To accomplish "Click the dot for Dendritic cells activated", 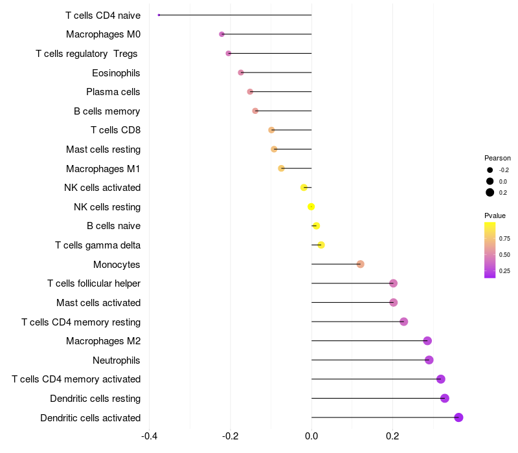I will pyautogui.click(x=458, y=417).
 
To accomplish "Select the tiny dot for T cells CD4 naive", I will pyautogui.click(x=159, y=15).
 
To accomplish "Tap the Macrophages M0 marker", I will pyautogui.click(x=221, y=34).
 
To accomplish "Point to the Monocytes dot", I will pyautogui.click(x=360, y=264).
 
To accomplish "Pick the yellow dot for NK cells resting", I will pyautogui.click(x=311, y=206).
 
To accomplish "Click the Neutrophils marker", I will pyautogui.click(x=429, y=360).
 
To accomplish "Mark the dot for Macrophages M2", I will pyautogui.click(x=427, y=341).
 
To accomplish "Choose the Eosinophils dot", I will pyautogui.click(x=241, y=72).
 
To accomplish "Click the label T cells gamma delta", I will pyautogui.click(x=98, y=245).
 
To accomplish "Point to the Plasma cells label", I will pyautogui.click(x=113, y=92).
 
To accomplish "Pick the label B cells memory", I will pyautogui.click(x=107, y=111).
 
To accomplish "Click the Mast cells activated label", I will pyautogui.click(x=98, y=303).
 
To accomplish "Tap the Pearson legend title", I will pyautogui.click(x=497, y=158).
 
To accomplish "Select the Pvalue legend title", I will pyautogui.click(x=495, y=215).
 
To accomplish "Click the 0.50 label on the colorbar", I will pyautogui.click(x=504, y=255).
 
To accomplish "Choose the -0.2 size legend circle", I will pyautogui.click(x=490, y=170).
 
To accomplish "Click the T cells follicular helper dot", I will pyautogui.click(x=393, y=283).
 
